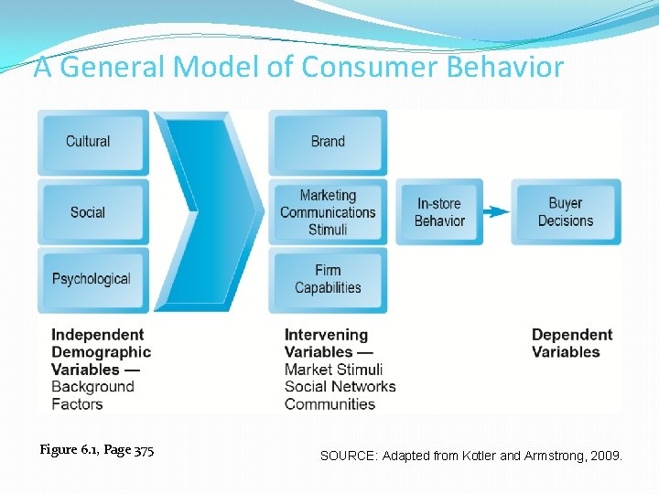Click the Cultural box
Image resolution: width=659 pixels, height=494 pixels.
(x=92, y=142)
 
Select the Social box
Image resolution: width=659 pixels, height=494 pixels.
(x=92, y=212)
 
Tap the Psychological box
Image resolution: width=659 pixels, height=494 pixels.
(x=92, y=280)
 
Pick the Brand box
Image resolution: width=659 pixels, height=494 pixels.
(x=328, y=142)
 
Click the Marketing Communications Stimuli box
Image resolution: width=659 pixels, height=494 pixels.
(x=328, y=212)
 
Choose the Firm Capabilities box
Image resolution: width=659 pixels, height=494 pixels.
(x=328, y=279)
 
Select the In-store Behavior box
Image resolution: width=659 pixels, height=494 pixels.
(x=439, y=212)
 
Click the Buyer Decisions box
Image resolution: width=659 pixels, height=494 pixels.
(x=566, y=212)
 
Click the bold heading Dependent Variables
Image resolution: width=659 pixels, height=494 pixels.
(x=571, y=343)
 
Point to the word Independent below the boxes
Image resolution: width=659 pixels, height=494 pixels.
(x=97, y=335)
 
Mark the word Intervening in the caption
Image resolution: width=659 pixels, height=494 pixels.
(x=326, y=335)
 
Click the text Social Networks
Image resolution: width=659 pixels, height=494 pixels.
(x=340, y=387)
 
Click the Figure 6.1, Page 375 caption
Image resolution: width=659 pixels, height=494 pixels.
(x=97, y=450)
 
